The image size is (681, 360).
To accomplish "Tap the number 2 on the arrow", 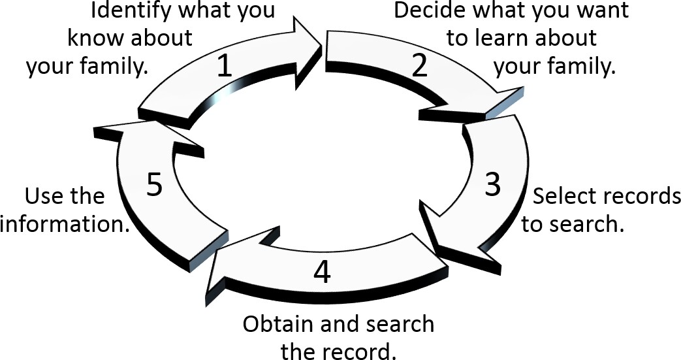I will coord(419,66).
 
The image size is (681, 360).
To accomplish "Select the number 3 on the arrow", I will coord(493,185).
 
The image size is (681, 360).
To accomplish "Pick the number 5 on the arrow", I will coord(154,186).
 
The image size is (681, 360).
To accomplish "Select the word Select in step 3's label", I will coord(563,197).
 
